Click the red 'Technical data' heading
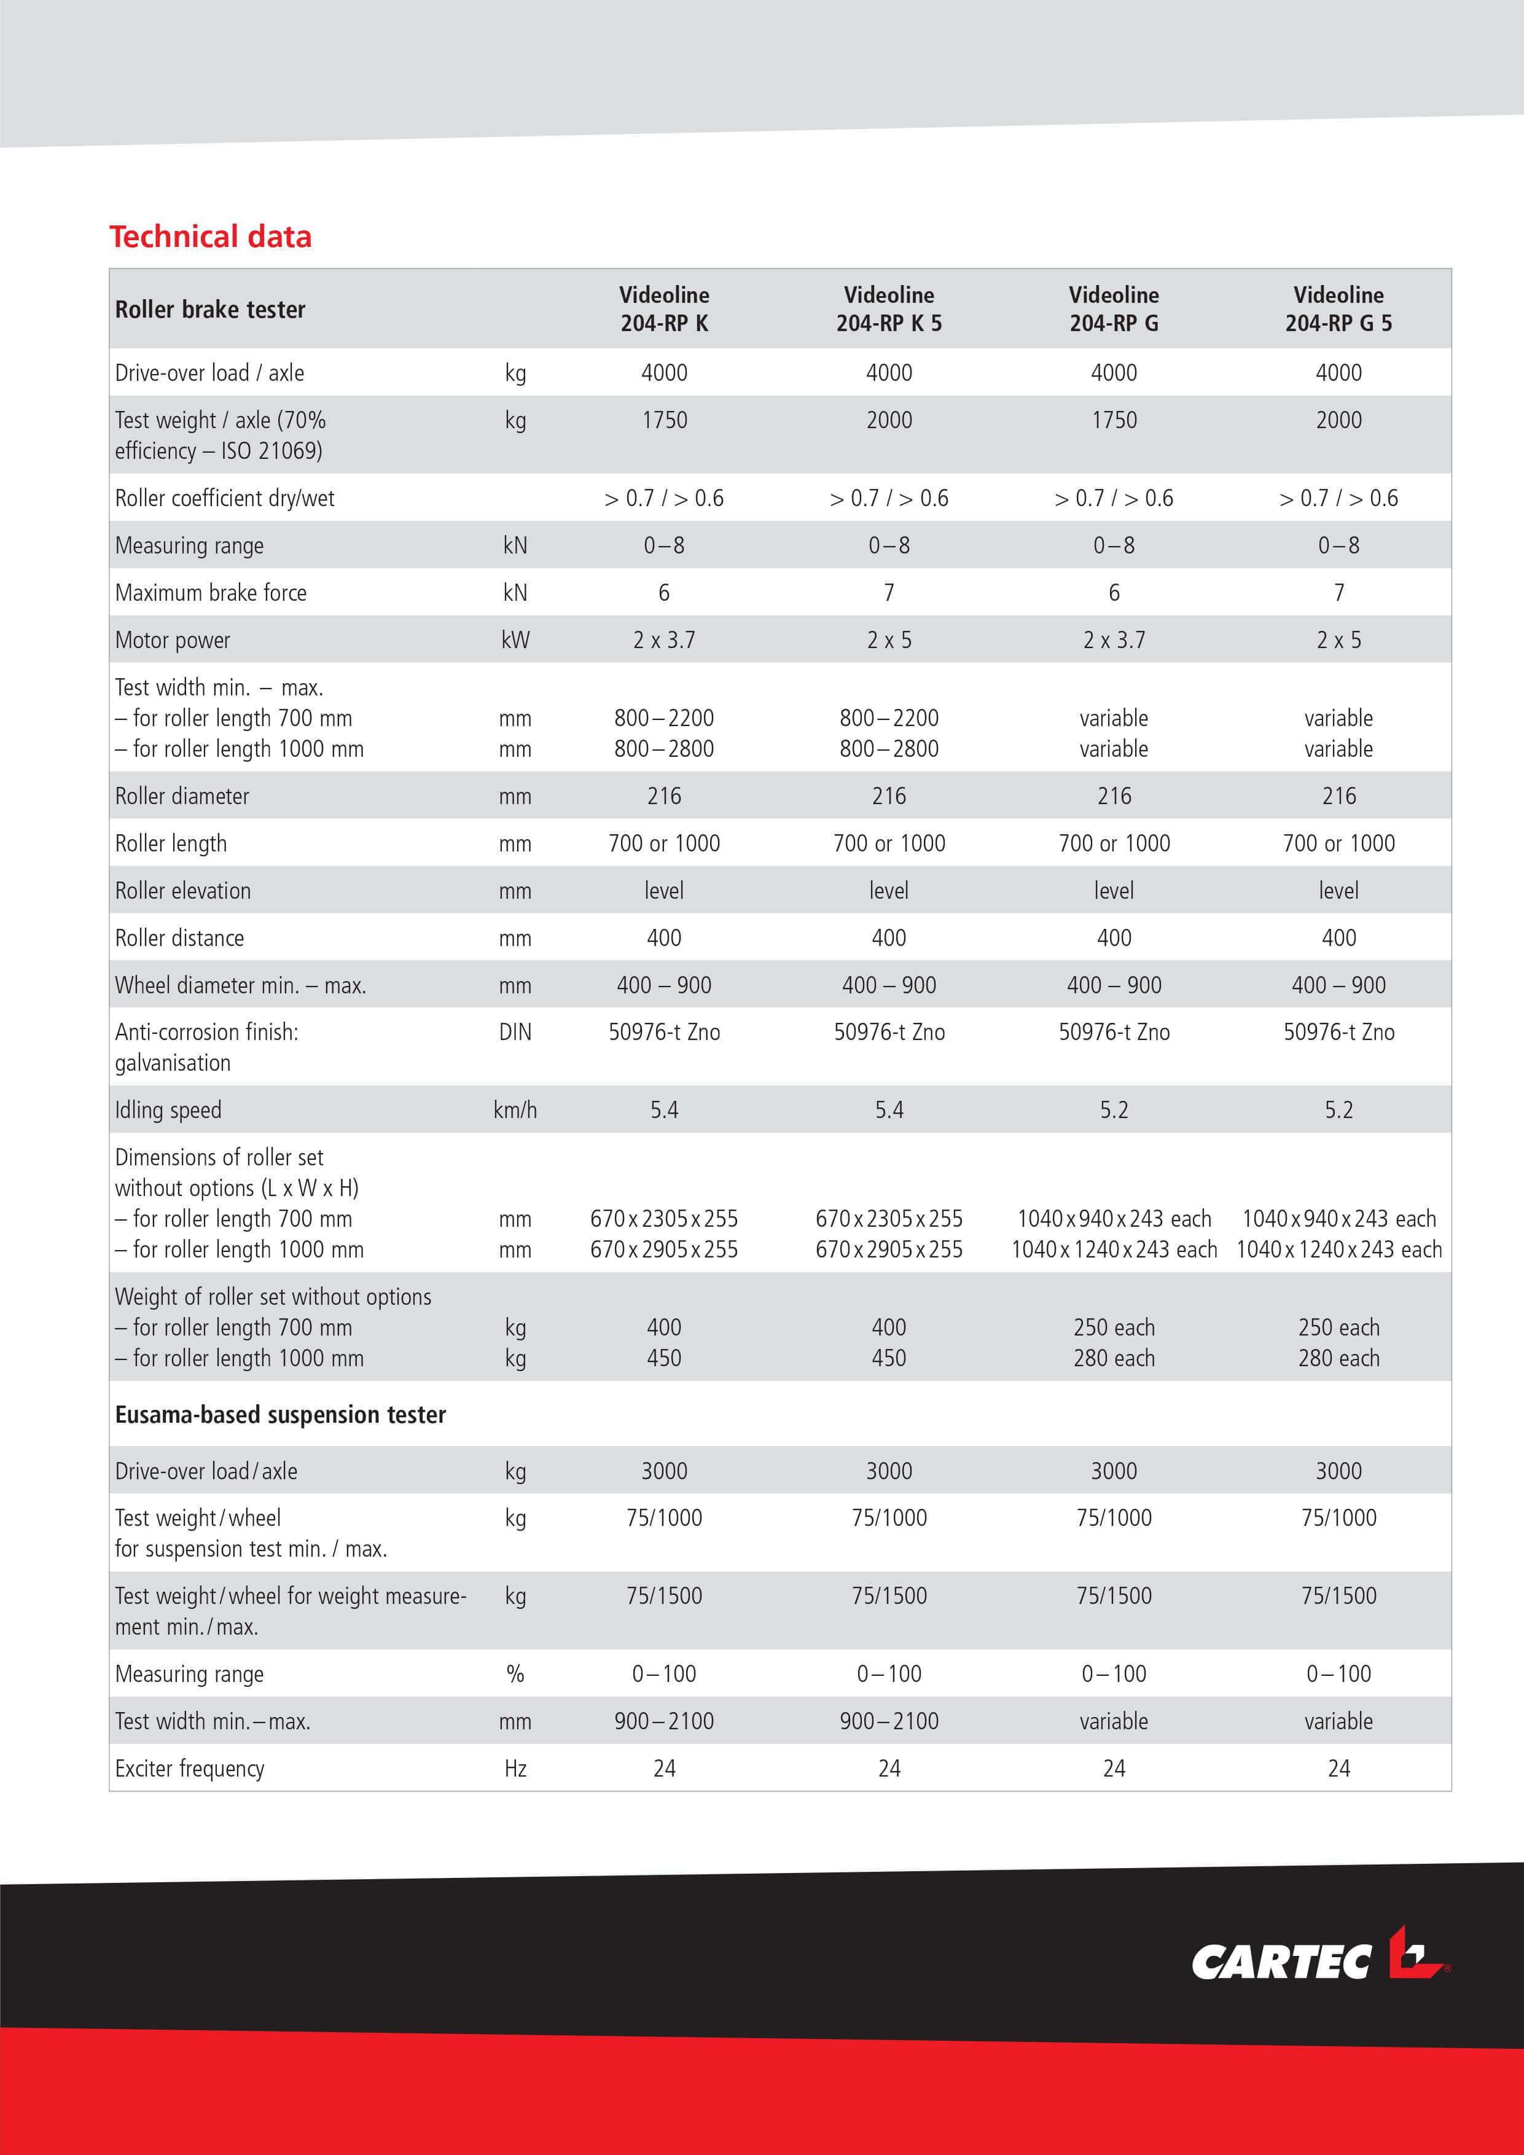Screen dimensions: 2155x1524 coord(210,237)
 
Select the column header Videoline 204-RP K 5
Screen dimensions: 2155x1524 coord(889,309)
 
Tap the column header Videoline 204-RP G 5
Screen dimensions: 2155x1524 coord(1338,309)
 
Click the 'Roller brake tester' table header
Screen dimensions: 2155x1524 coord(210,310)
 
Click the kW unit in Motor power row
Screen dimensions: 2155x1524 coord(515,640)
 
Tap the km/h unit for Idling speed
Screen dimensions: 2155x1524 coord(515,1110)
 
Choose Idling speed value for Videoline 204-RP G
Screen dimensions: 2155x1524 coord(1114,1110)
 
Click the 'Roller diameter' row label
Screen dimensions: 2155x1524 coord(182,796)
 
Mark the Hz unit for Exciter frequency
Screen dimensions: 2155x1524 coord(515,1769)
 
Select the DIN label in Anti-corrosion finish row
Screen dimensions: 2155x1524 coord(515,1033)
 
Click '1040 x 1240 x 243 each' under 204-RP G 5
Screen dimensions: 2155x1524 coord(1338,1250)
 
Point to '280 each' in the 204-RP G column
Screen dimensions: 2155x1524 coord(1114,1358)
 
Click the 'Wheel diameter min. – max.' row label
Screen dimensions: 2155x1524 coord(240,985)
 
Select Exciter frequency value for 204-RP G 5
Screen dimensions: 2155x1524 coord(1338,1769)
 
